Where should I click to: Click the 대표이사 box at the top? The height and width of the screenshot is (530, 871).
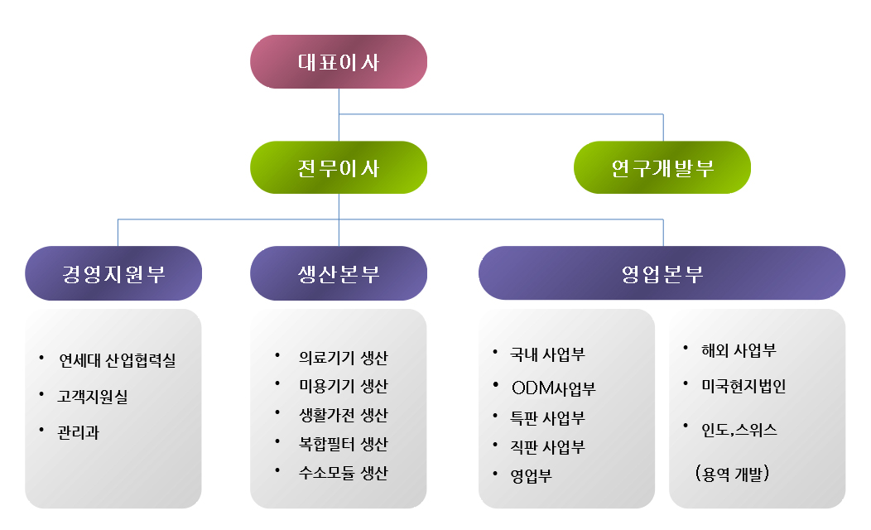pos(339,62)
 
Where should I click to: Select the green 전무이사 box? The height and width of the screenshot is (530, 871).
pos(339,168)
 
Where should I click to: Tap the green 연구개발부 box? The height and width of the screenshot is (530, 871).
pos(662,168)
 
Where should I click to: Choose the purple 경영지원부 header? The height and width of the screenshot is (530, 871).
pos(113,273)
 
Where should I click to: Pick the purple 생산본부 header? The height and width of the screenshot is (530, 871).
pos(339,273)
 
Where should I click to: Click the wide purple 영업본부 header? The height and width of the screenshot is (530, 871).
pos(662,273)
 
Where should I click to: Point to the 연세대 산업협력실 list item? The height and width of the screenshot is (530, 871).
pos(117,361)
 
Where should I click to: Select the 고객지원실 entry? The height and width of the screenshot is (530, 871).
pos(93,397)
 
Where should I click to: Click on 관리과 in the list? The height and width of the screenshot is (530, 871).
pos(79,432)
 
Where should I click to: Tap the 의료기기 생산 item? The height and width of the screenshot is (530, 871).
pos(343,358)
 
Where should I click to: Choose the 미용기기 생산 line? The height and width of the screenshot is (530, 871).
pos(343,387)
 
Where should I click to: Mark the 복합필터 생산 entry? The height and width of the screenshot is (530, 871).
pos(343,444)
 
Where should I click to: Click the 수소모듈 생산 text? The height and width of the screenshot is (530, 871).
pos(343,473)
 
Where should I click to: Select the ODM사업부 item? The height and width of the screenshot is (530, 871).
pos(554,388)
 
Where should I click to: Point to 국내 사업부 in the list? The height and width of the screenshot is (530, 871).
pos(548,354)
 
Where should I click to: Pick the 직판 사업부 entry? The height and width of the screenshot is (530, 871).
pos(548,447)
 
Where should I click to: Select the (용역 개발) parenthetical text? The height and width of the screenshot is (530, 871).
pos(733,475)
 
